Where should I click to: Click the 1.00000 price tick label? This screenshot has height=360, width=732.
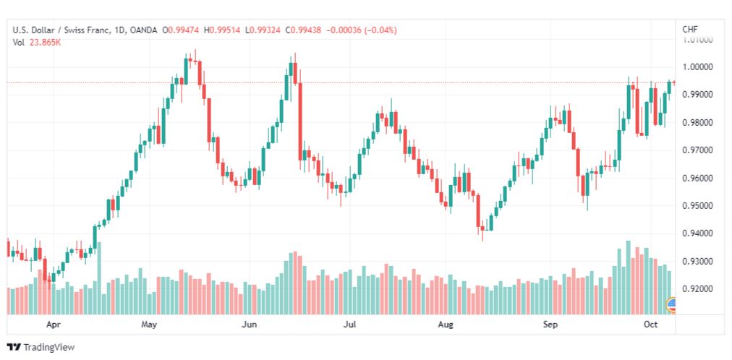pyautogui.click(x=698, y=67)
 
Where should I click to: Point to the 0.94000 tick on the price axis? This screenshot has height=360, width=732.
pyautogui.click(x=698, y=233)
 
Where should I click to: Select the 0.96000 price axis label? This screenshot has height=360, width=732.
pyautogui.click(x=698, y=178)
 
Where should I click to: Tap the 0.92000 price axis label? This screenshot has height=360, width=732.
pyautogui.click(x=698, y=289)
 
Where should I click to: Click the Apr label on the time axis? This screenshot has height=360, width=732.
pyautogui.click(x=51, y=325)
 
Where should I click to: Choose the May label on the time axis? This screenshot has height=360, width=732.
pyautogui.click(x=149, y=325)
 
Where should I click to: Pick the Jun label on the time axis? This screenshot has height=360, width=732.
pyautogui.click(x=250, y=325)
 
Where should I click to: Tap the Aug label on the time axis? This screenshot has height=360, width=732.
pyautogui.click(x=446, y=325)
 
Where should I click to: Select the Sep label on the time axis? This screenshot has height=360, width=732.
pyautogui.click(x=551, y=325)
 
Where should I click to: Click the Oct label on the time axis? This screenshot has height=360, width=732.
pyautogui.click(x=650, y=325)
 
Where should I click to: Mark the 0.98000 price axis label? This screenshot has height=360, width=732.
pyautogui.click(x=698, y=123)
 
